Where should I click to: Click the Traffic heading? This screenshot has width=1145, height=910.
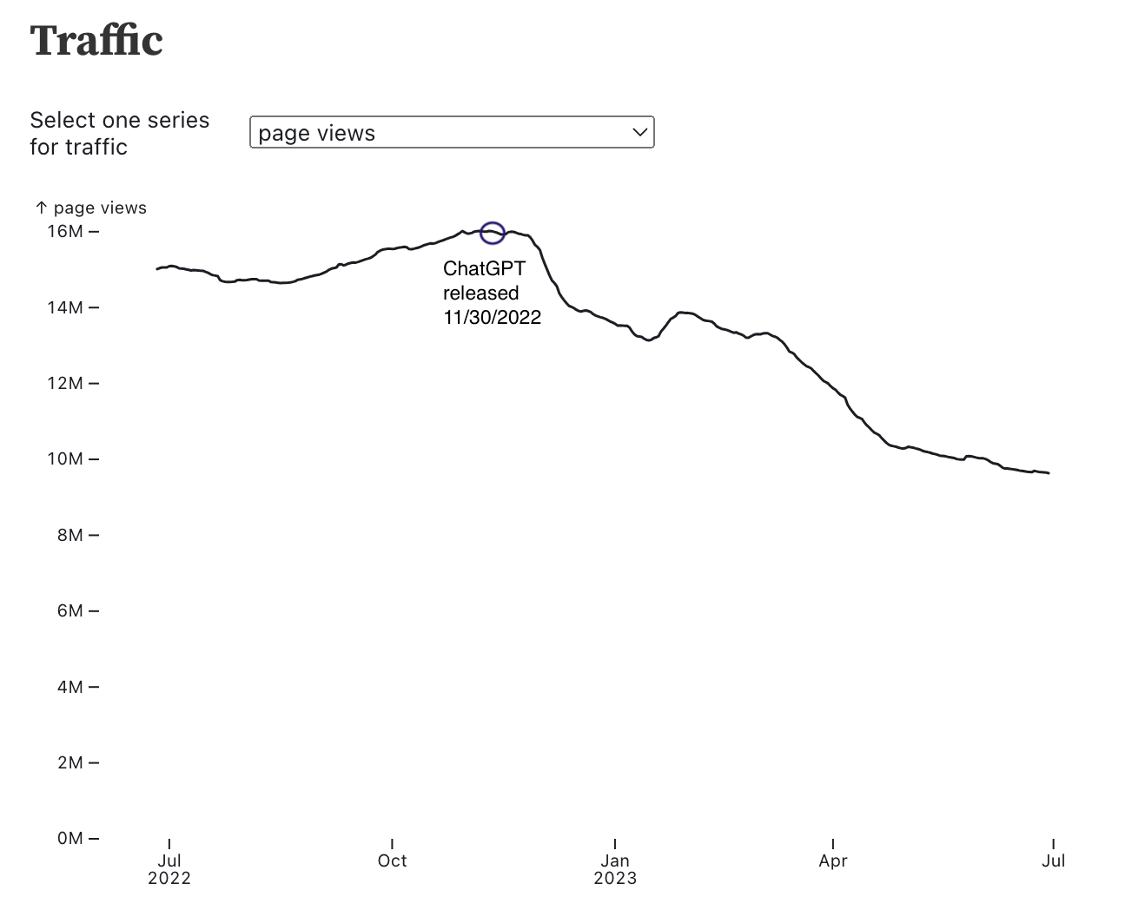[x=96, y=41]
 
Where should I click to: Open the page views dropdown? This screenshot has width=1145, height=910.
[x=451, y=133]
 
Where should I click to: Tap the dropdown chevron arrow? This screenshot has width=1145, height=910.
[x=640, y=133]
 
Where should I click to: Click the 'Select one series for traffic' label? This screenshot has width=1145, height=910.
[x=120, y=134]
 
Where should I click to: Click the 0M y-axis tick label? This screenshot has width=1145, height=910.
[x=69, y=838]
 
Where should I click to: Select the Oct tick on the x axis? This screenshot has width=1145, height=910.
[x=392, y=861]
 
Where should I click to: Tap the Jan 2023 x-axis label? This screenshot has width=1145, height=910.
[x=615, y=868]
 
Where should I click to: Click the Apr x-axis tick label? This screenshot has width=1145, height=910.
[x=832, y=861]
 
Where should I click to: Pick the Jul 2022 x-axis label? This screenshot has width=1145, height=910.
[x=169, y=868]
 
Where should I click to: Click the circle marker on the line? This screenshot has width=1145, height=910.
[x=493, y=233]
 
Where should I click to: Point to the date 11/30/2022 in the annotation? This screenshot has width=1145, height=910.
[x=492, y=318]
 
